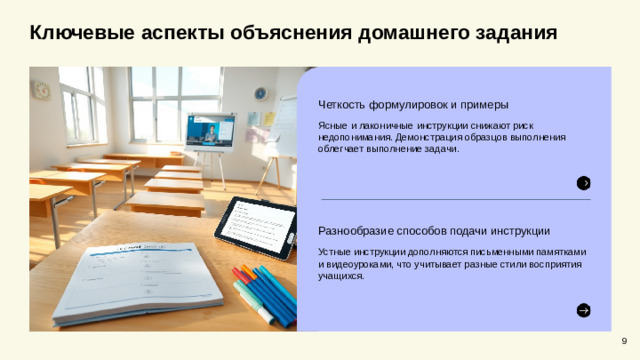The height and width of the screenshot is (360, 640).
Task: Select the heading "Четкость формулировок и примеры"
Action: [x=413, y=104]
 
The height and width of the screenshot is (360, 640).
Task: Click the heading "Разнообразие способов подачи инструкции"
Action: [x=433, y=231]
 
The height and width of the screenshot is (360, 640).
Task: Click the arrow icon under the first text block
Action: [x=583, y=182]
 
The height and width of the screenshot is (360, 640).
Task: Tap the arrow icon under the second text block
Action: [x=583, y=310]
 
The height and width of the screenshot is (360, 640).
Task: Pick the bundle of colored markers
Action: [x=265, y=291]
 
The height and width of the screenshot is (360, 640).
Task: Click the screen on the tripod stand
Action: [x=210, y=130]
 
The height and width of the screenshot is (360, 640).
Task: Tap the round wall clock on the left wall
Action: [x=41, y=90]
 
